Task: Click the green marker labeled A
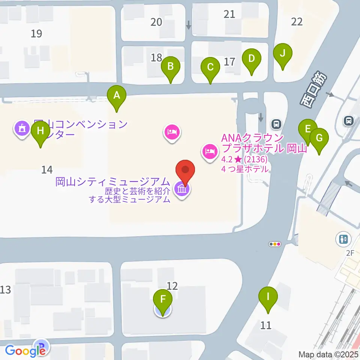(117, 96)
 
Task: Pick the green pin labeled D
(251, 59)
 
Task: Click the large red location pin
(186, 170)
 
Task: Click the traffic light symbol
(275, 244)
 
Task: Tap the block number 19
(36, 34)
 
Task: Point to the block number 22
(297, 22)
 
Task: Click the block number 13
(6, 290)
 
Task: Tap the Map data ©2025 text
(328, 354)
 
